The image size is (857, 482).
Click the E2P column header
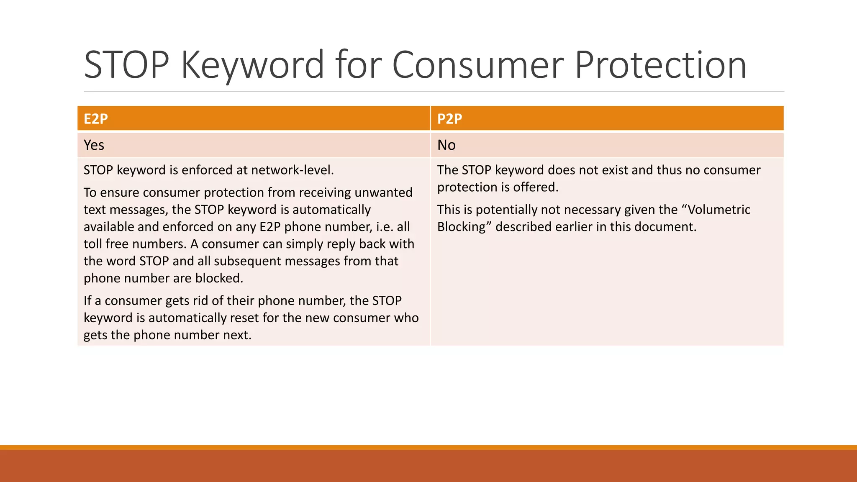click(96, 119)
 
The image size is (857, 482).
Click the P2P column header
click(449, 119)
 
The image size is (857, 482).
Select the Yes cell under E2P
click(94, 145)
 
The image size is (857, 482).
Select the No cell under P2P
click(446, 145)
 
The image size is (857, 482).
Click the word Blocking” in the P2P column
click(464, 227)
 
